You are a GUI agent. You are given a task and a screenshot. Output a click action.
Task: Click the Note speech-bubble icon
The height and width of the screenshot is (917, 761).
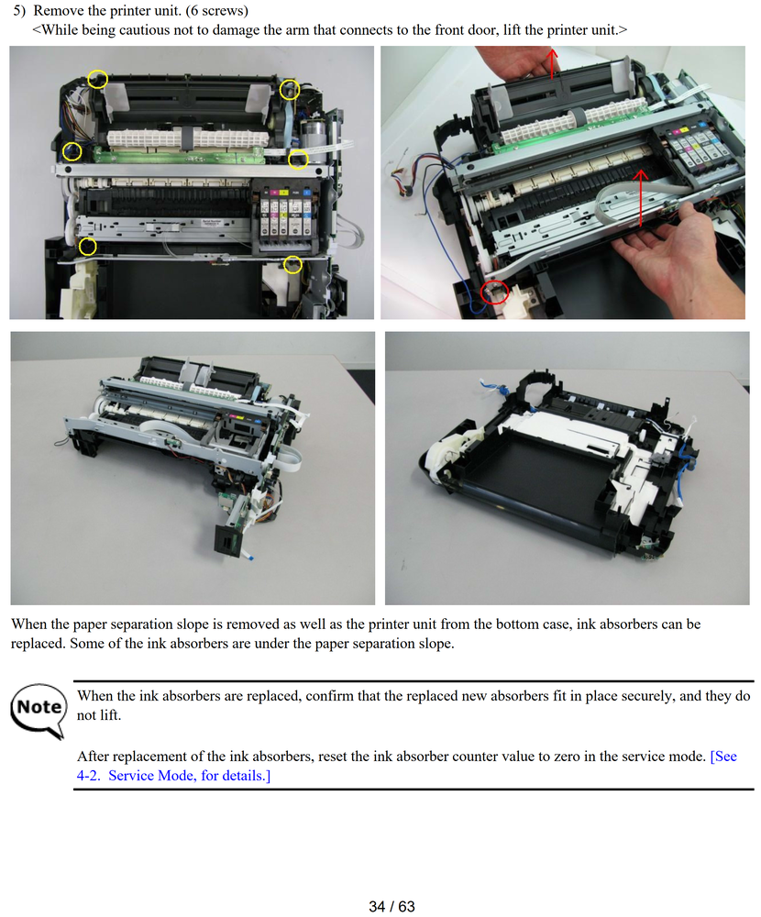click(39, 710)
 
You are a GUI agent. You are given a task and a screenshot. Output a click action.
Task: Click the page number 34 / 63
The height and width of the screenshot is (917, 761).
click(392, 907)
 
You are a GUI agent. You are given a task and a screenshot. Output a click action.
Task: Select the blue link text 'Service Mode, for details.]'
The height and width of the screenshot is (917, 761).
click(190, 776)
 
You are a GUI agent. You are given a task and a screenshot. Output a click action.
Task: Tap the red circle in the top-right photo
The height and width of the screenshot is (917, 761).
click(494, 292)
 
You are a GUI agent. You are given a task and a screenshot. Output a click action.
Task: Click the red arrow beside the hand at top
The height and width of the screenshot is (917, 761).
click(552, 63)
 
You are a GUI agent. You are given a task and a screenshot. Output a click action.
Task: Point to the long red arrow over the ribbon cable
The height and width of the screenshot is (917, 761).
click(641, 198)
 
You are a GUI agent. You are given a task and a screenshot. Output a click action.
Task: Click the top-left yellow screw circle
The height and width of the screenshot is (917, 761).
click(98, 79)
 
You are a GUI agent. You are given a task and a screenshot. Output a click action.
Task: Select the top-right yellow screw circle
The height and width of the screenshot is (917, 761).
click(290, 90)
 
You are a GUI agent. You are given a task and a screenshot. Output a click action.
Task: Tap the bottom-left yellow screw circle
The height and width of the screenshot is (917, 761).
click(88, 246)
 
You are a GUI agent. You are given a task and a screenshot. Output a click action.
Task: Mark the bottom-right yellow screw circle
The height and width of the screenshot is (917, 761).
click(292, 265)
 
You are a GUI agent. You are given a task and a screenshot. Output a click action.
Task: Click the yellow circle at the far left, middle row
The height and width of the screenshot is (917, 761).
click(72, 152)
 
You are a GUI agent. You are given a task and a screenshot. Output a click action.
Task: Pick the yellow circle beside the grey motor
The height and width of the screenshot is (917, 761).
click(298, 159)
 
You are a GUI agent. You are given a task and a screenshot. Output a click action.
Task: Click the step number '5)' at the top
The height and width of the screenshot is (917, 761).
click(20, 10)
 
